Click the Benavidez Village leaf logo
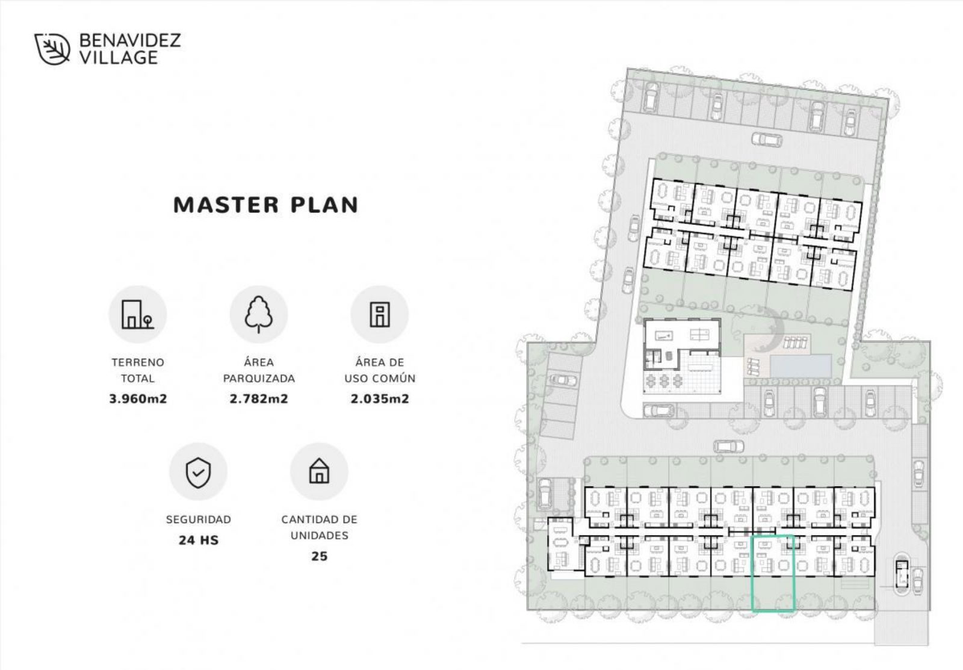pos(52,49)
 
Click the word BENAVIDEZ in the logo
pos(130,40)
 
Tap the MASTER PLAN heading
pos(265,205)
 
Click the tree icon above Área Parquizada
pos(258,314)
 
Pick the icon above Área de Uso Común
pos(380,314)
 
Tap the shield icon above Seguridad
pos(198,472)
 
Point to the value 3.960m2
pos(138,399)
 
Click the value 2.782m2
pos(259,399)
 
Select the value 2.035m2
pos(380,399)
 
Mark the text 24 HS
pos(199,540)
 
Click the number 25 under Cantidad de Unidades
pos(320,556)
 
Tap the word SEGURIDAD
pos(199,520)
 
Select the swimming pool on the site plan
pos(800,365)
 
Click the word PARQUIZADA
pos(259,379)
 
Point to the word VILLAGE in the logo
pos(119,57)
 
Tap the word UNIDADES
pos(320,535)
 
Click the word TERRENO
pos(138,362)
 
